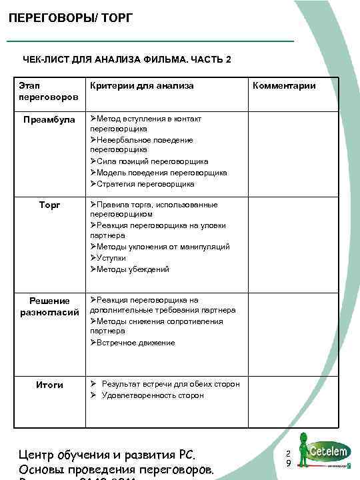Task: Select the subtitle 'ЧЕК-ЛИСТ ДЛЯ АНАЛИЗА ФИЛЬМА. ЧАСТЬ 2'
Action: coord(127,60)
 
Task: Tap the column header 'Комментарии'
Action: coord(283,86)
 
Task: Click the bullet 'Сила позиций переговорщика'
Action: coord(152,161)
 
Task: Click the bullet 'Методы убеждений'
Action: coord(133,269)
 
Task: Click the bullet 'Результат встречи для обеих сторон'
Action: coord(171,384)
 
